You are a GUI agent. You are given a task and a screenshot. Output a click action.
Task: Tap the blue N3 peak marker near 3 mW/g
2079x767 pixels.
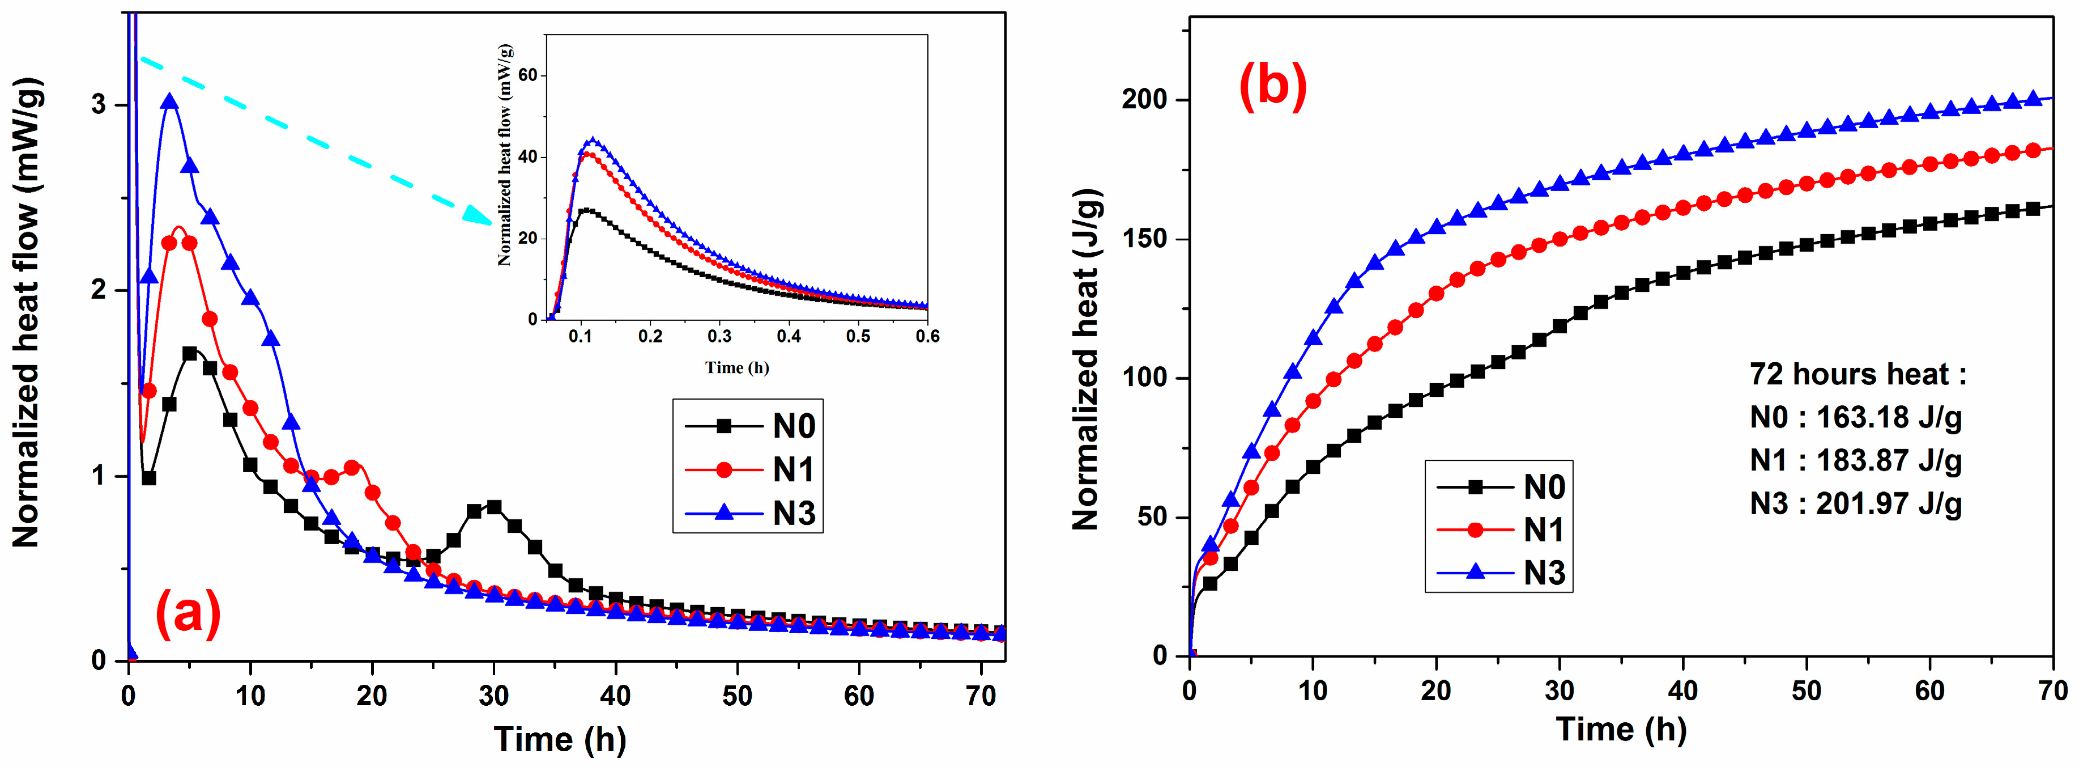(169, 101)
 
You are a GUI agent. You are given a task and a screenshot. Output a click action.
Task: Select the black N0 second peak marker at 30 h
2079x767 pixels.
(494, 507)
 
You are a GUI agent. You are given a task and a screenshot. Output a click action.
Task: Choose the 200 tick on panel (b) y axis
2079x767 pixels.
(1144, 99)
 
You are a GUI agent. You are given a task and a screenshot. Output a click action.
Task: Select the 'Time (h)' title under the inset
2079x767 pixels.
(737, 368)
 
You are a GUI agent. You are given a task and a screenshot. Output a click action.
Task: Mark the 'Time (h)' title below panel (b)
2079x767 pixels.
(1621, 730)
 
